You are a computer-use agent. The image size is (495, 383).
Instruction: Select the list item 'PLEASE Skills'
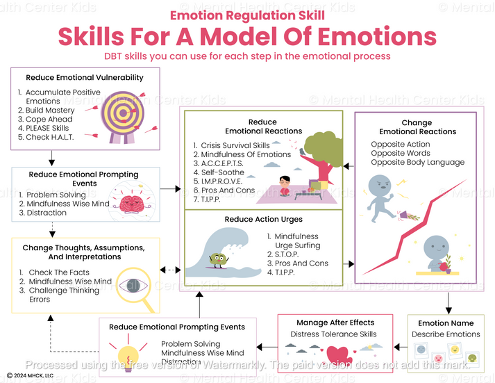[47, 128]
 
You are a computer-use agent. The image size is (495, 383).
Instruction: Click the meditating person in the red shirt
[283, 186]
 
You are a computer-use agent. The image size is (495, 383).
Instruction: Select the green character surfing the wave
[217, 260]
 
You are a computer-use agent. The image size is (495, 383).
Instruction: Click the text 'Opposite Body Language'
[417, 163]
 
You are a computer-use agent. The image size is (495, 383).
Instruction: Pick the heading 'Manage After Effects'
[335, 323]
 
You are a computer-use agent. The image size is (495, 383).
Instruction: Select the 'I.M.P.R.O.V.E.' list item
[217, 181]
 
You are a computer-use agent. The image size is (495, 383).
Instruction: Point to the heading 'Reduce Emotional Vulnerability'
[85, 78]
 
